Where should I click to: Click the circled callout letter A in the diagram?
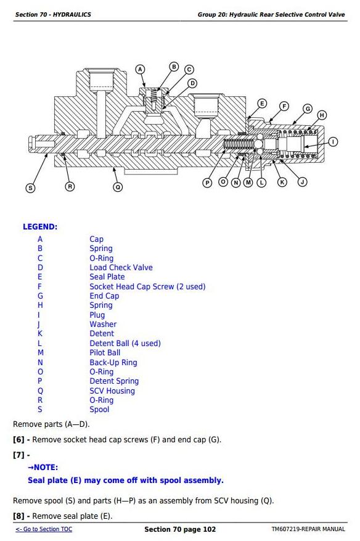click(x=140, y=69)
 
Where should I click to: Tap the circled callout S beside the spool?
click(x=30, y=188)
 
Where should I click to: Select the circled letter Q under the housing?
click(x=118, y=187)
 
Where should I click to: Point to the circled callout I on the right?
click(x=333, y=142)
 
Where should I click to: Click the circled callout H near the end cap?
click(x=322, y=115)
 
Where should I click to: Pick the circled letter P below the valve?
click(x=207, y=183)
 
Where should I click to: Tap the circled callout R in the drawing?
click(x=70, y=187)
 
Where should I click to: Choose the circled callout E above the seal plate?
click(x=262, y=103)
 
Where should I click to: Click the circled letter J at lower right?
click(x=303, y=182)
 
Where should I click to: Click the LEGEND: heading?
click(x=40, y=226)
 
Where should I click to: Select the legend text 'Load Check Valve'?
click(x=121, y=267)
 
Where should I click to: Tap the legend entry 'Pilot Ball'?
click(x=105, y=353)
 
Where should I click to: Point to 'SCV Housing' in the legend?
click(x=112, y=391)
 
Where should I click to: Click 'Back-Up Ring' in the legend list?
click(x=113, y=363)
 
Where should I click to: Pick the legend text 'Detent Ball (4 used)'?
click(x=125, y=344)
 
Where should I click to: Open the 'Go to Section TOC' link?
click(x=44, y=529)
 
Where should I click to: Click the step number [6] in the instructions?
click(x=18, y=440)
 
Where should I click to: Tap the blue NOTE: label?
click(x=43, y=468)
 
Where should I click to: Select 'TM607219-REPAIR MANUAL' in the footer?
click(x=308, y=529)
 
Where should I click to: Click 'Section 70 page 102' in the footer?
click(x=180, y=529)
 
